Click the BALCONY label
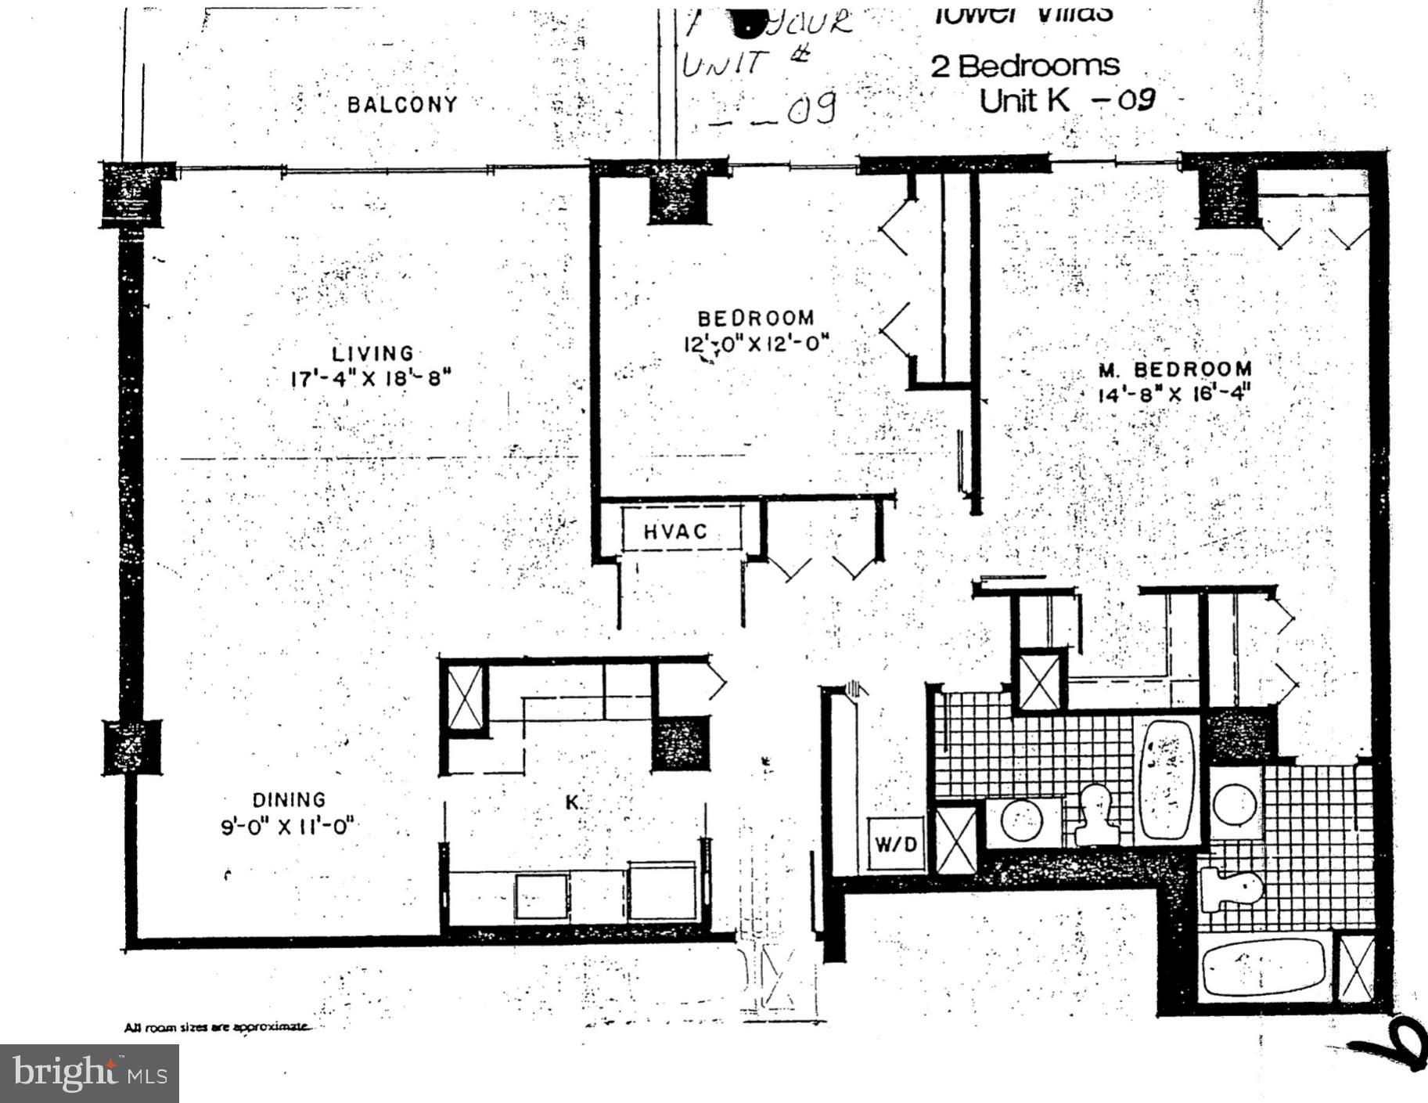point(402,104)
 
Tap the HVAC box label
point(675,532)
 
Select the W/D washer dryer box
point(894,845)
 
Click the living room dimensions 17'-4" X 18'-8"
point(372,379)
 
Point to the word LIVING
point(372,354)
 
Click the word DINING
point(289,800)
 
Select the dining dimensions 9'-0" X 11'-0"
point(288,827)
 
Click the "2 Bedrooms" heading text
point(1025,66)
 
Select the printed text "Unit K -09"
point(1067,100)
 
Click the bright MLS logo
point(89,1073)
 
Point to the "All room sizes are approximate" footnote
point(217,1028)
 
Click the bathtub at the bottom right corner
point(1262,968)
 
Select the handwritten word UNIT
point(721,63)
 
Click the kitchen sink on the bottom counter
point(541,896)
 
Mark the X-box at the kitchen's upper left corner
point(465,697)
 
